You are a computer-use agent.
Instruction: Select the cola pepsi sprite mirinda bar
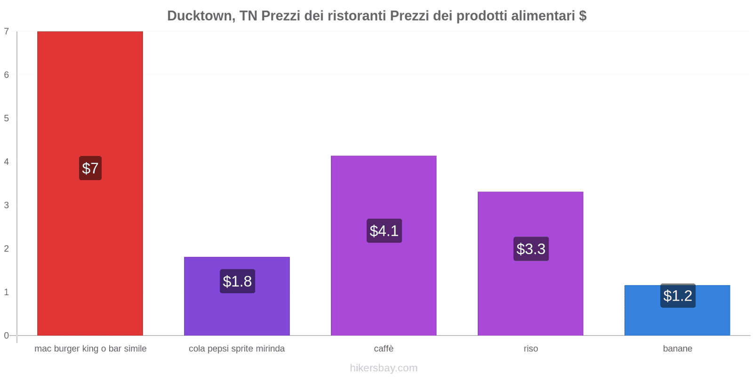point(237,311)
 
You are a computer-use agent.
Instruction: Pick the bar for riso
point(530,292)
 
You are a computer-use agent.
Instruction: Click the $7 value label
point(90,168)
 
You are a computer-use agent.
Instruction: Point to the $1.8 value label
point(237,281)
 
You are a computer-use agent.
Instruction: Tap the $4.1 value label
point(384,231)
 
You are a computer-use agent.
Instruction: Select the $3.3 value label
point(531,249)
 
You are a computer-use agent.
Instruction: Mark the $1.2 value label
point(678,296)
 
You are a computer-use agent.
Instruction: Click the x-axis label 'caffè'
point(384,349)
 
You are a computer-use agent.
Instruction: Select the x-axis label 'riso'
point(530,349)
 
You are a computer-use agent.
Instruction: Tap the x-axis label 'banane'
point(677,349)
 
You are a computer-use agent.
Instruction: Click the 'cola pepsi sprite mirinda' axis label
point(237,349)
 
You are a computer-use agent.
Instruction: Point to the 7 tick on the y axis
point(7,32)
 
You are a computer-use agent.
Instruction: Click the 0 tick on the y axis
point(7,336)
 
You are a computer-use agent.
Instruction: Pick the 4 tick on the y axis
point(7,162)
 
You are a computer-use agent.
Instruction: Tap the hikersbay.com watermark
point(384,368)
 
